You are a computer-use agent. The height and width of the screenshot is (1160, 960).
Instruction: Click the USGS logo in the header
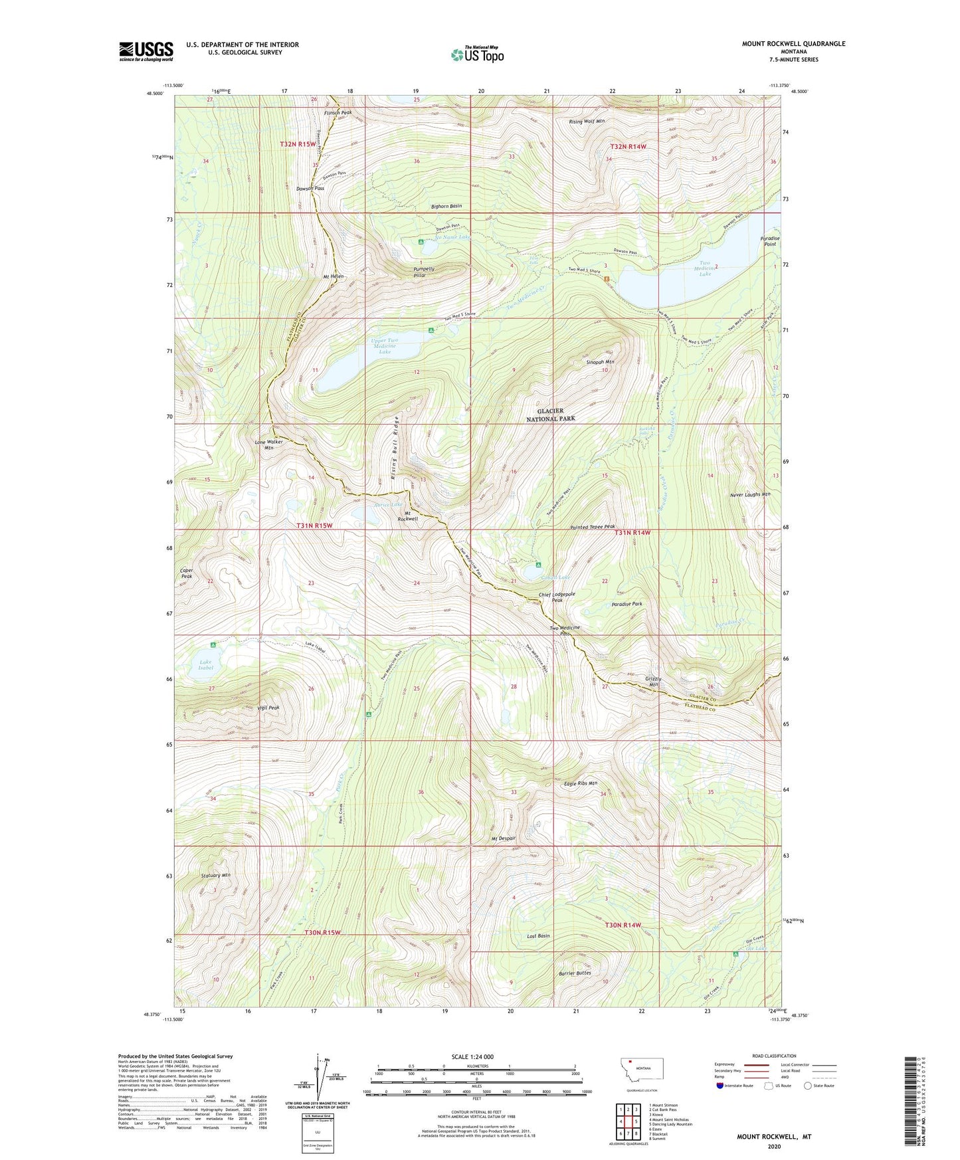(x=145, y=50)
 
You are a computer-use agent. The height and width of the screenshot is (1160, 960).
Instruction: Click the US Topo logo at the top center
(x=477, y=54)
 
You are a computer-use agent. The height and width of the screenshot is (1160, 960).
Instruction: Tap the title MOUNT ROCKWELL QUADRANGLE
(x=793, y=44)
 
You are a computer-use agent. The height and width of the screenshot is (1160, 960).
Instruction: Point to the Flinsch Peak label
(x=338, y=113)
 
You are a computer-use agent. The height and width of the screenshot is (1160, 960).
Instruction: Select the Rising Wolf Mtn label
(x=587, y=122)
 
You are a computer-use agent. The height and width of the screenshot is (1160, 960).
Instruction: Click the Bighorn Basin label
(x=446, y=206)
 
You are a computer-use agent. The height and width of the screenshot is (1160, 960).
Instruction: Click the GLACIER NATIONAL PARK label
(x=551, y=415)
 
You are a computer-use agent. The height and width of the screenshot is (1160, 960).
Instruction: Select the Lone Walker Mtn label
(x=269, y=444)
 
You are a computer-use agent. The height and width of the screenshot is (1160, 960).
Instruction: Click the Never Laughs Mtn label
(x=750, y=494)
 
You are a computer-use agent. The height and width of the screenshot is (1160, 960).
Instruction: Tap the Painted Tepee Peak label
(x=597, y=527)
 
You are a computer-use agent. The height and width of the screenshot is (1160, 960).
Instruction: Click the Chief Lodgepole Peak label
(x=557, y=597)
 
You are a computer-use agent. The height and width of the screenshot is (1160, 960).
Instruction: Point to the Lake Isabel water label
(x=206, y=665)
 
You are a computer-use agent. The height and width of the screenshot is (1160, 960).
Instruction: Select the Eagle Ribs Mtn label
(x=581, y=784)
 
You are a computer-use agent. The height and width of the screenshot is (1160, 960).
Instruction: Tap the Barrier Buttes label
(x=575, y=973)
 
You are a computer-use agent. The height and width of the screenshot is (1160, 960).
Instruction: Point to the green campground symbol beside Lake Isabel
(x=213, y=645)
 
